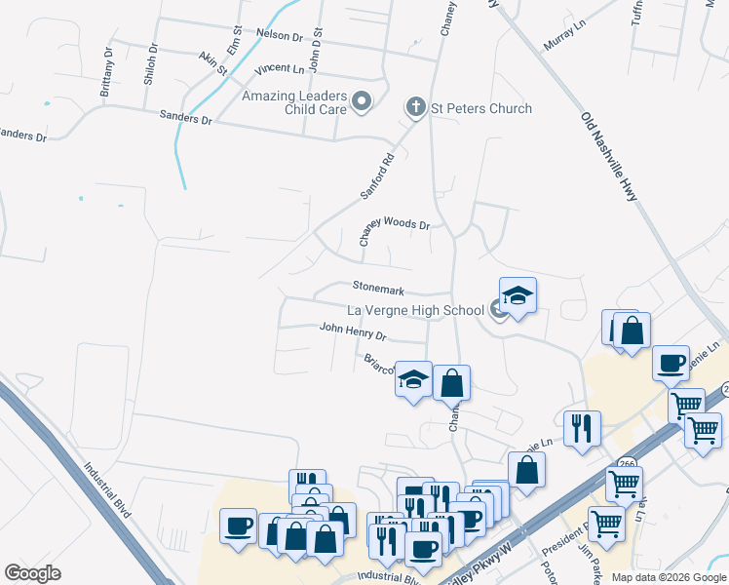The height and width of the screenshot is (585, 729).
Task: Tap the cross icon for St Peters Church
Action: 416,107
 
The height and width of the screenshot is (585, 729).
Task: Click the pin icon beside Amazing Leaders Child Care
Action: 363,101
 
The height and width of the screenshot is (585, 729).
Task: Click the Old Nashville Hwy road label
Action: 609,157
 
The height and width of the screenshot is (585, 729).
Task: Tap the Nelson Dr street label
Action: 280,34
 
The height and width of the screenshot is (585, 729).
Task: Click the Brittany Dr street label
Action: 107,71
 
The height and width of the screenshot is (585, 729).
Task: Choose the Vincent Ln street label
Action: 279,69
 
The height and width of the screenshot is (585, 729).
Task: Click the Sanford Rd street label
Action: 376,175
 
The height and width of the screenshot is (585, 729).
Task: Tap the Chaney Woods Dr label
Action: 394,223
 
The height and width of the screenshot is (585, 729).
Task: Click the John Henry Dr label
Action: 353,332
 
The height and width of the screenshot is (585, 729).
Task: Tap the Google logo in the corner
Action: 32,573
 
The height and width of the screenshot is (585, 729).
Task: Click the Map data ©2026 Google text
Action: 669,577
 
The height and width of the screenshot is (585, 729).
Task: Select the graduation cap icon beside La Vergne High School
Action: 518,294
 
